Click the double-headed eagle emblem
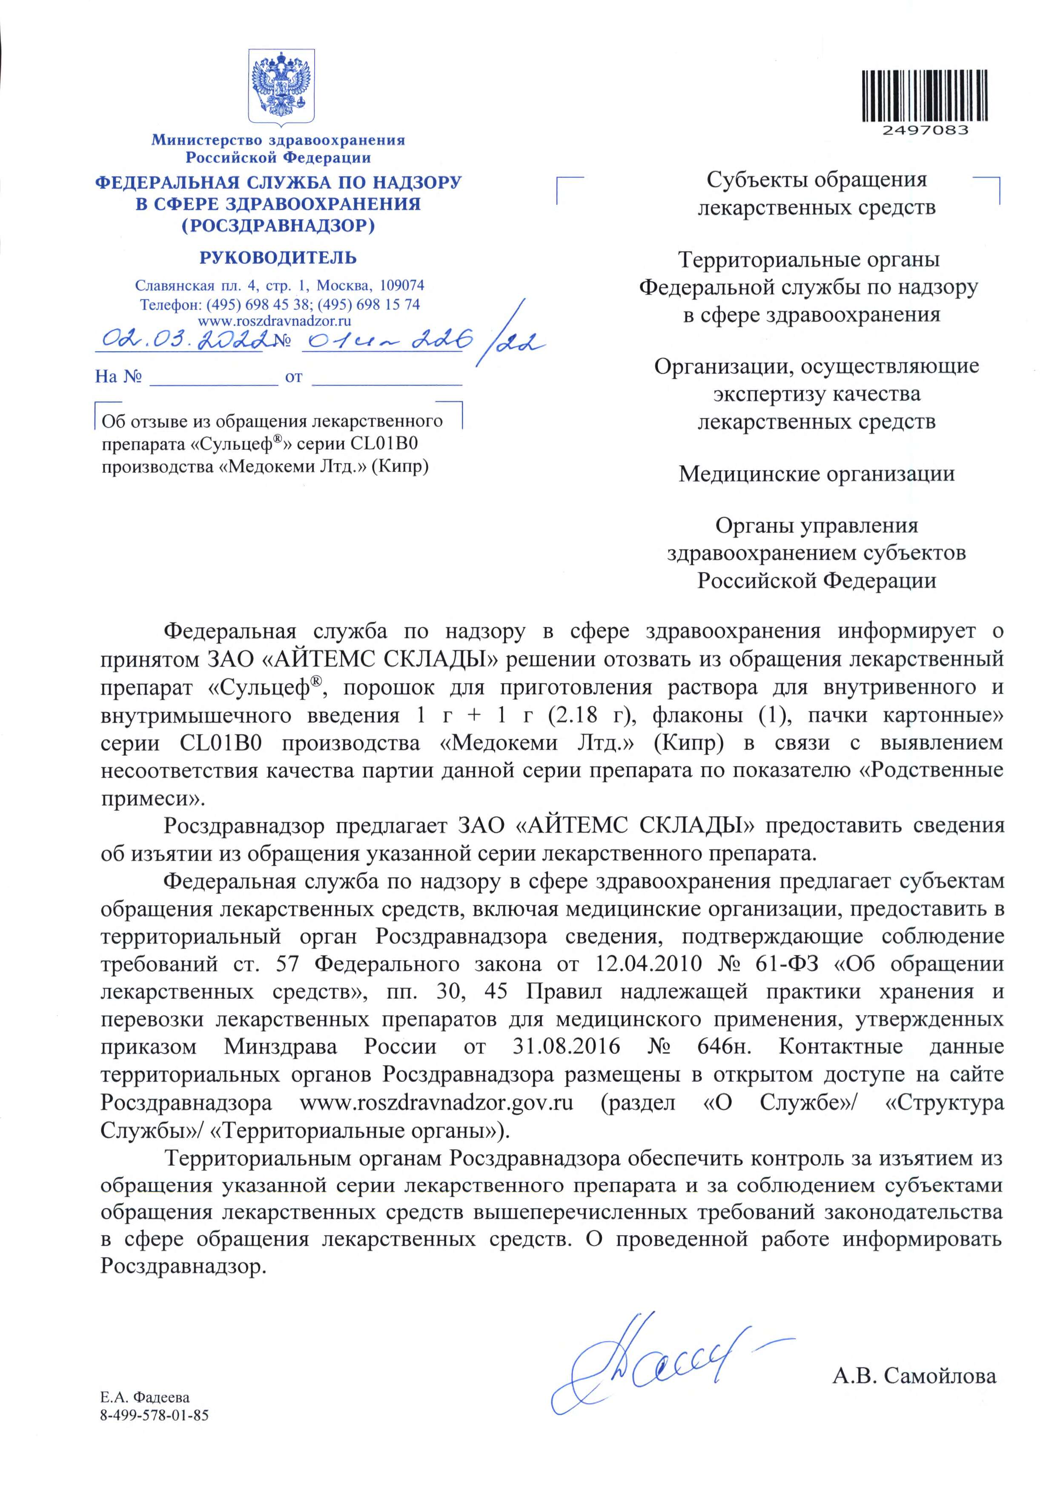pos(282,88)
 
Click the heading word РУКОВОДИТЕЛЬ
pos(278,257)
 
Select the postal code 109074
pos(402,286)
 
